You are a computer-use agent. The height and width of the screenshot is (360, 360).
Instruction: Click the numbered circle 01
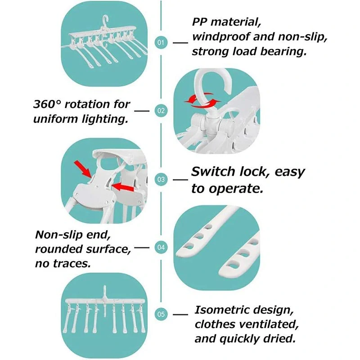(x=161, y=42)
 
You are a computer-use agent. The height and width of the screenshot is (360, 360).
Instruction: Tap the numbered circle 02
(x=161, y=111)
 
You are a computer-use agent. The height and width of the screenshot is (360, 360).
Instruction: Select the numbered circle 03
(x=161, y=179)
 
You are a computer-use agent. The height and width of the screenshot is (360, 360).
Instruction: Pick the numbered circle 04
(x=161, y=247)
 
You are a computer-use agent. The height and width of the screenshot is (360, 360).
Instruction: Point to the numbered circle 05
(x=161, y=314)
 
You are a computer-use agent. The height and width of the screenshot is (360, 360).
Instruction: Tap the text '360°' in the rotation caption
(x=47, y=104)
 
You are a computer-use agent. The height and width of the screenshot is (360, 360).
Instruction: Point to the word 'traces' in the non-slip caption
(x=72, y=263)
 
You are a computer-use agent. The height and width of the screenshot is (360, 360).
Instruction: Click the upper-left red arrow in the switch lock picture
(x=83, y=169)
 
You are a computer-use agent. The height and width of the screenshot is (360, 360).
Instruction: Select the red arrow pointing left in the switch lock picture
(x=122, y=187)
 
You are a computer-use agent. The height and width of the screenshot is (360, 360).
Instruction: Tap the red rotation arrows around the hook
(x=202, y=100)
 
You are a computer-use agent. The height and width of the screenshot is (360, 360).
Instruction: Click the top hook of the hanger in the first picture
(x=105, y=20)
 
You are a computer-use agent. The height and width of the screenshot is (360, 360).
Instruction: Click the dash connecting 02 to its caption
(x=142, y=111)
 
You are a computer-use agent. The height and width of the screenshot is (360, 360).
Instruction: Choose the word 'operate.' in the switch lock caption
(x=236, y=189)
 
